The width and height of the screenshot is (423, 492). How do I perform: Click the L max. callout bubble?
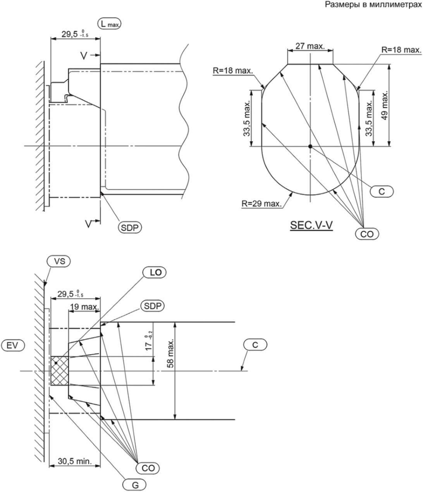pos(109,24)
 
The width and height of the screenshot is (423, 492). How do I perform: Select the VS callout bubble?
pos(59,261)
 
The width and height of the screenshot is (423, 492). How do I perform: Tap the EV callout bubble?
pos(13,346)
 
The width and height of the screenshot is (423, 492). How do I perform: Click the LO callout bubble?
pos(155,272)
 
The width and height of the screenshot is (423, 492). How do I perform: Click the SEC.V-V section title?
pos(311,225)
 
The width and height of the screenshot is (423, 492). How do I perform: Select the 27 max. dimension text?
pos(310,46)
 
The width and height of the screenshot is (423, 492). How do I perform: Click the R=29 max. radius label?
pos(261,203)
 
